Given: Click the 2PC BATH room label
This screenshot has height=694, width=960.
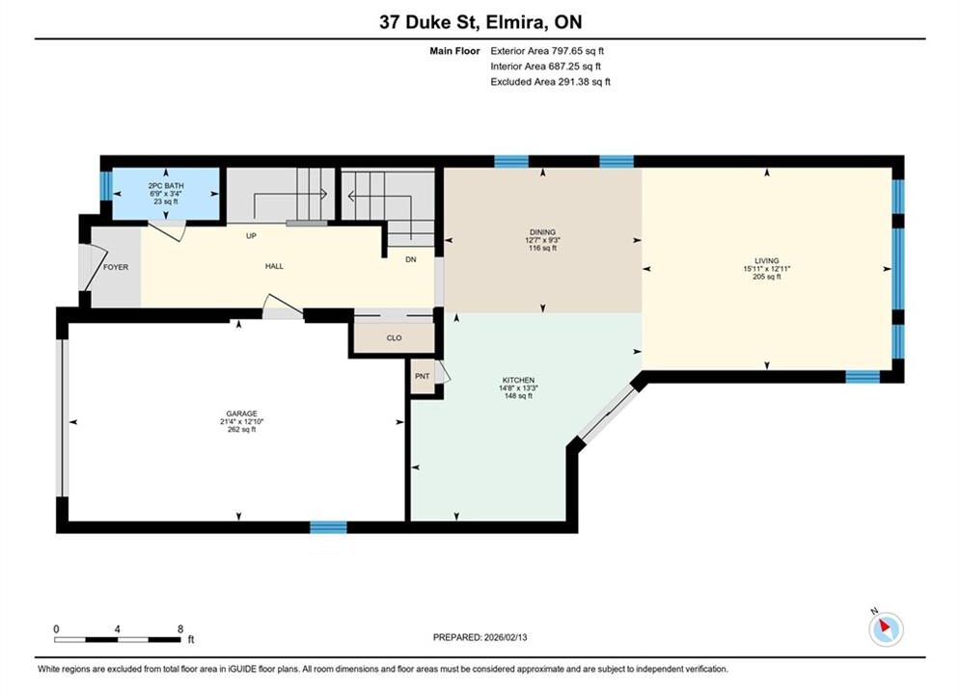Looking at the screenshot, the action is pos(166,186).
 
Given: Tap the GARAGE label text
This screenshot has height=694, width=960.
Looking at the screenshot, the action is pos(242,414).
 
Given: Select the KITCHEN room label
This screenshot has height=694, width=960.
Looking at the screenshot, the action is pos(518,381).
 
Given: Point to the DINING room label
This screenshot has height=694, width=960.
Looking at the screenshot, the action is pos(542,232).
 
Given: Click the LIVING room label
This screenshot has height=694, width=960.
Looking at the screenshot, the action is pos(766,260).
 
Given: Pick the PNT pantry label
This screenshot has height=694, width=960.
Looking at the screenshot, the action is pos(423,376).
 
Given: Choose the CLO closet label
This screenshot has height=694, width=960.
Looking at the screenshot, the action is pos(395,338).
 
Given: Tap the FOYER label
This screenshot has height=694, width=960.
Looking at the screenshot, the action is pos(116,267).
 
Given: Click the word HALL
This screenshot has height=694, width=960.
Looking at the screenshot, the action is pos(274,266).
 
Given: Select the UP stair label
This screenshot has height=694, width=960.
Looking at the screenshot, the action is pos(251,236).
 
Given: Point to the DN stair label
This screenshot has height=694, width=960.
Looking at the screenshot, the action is pos(411,259).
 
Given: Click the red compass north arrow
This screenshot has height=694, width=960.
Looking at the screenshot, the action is pos(885,626).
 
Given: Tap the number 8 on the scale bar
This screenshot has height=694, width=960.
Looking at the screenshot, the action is pos(180,629).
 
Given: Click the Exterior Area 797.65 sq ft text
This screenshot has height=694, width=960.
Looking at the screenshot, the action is pos(547,51).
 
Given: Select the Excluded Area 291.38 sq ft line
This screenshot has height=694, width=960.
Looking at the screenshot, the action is pos(550,81).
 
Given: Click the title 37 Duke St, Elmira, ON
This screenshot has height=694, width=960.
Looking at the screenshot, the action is pos(480,22).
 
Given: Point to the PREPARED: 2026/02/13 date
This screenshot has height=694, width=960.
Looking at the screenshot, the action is pos(480,637).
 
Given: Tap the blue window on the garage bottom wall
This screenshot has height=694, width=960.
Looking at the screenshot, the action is pos(328,527).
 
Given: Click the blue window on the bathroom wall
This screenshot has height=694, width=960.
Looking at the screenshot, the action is pos(106,185).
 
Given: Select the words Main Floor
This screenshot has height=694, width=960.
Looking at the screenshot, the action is pos(454,51).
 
